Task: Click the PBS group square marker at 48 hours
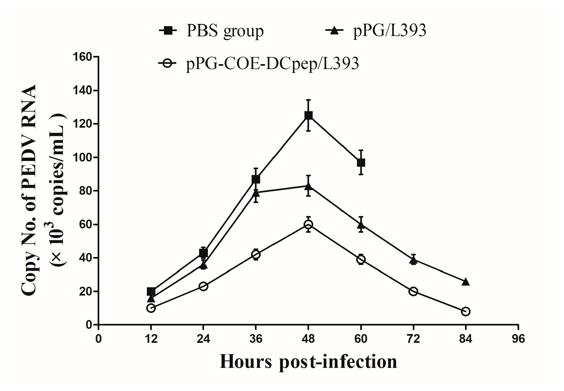pos(308,116)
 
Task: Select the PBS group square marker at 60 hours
pos(361,163)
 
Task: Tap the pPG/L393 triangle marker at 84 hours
pos(466,282)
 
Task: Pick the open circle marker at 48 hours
pos(308,224)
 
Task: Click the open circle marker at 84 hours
pos(466,311)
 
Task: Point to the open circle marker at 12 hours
pos(151,308)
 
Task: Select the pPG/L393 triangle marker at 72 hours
pos(413,260)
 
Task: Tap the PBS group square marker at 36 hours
pos(256,179)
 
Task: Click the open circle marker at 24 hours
pos(203,286)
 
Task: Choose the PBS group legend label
pos(225,31)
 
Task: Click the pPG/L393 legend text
pos(390,31)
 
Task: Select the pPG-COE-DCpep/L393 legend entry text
pos(272,64)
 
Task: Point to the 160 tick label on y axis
pos(82,57)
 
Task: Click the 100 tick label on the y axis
pos(82,158)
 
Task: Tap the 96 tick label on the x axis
pos(518,339)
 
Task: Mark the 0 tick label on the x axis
pos(98,339)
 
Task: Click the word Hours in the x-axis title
pos(246,361)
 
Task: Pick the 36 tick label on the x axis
pos(256,339)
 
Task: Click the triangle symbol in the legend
pos(334,31)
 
